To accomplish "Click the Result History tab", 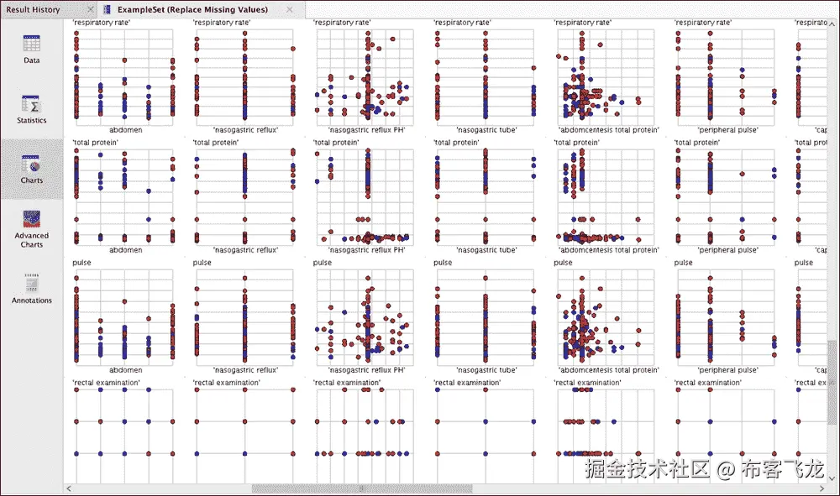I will [33, 9].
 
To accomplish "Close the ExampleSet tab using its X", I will [290, 10].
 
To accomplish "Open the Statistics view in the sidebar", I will [31, 109].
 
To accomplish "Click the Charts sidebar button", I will [31, 169].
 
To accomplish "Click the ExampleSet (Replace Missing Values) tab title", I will [192, 9].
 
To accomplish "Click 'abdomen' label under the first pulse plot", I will [125, 370].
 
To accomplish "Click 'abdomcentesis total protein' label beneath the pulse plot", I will [608, 370].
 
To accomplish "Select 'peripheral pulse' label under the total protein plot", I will [727, 250].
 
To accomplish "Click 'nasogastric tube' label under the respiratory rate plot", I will [486, 130].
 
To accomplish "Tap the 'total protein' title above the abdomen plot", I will [95, 143].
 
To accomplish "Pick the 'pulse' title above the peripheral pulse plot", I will [684, 263].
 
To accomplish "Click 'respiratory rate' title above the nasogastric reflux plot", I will [222, 23].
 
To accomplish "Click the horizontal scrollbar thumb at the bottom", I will [362, 488].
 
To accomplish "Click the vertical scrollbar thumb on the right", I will [832, 369].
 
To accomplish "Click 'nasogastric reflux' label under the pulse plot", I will [245, 370].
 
